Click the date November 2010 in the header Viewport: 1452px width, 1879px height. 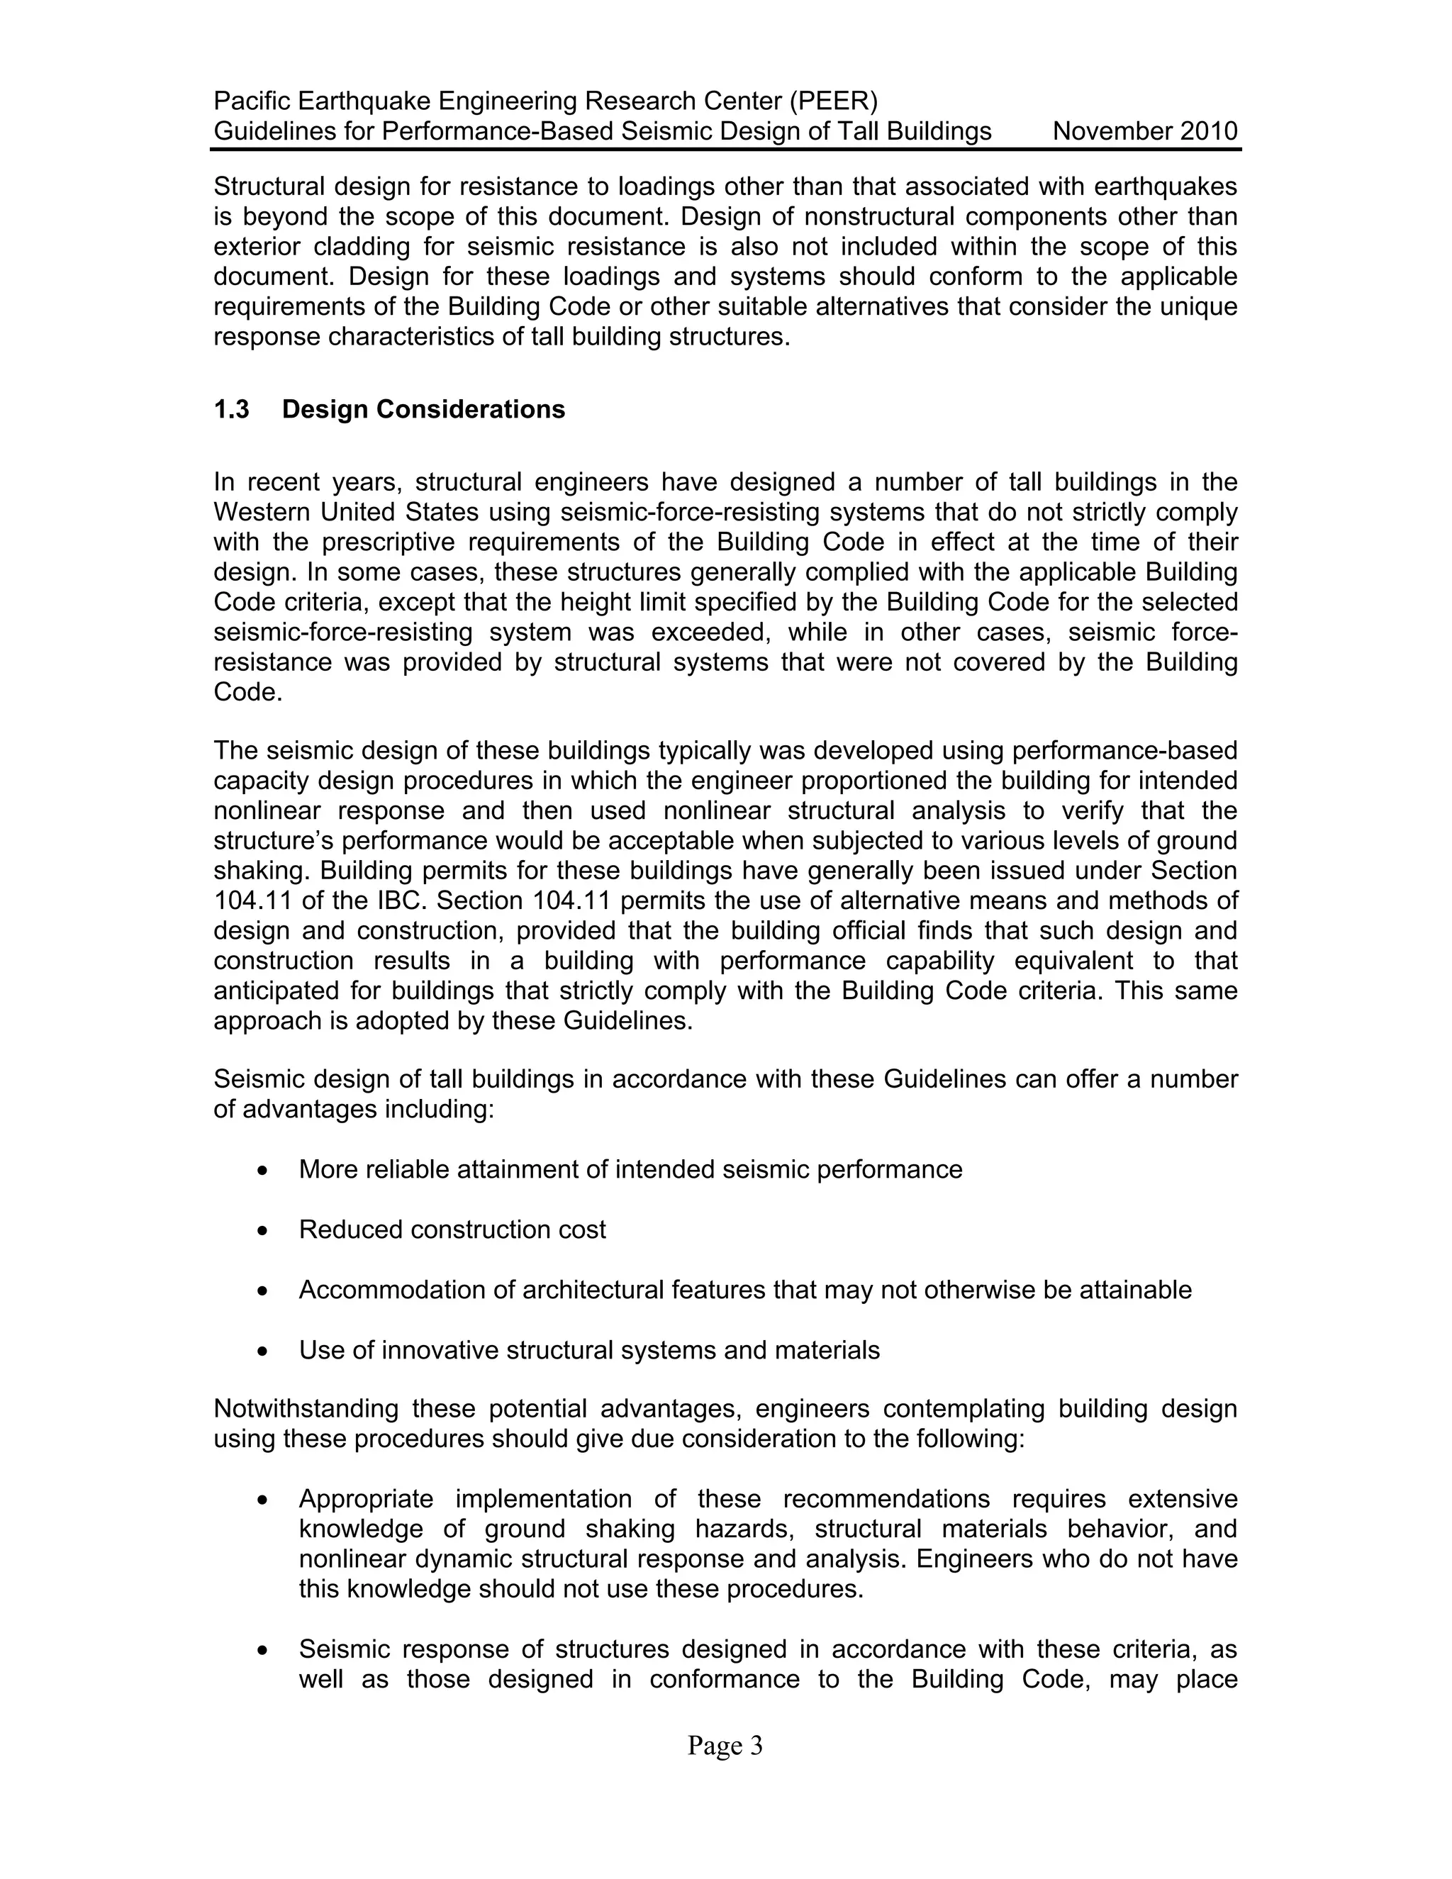point(1144,132)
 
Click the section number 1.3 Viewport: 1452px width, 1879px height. point(231,410)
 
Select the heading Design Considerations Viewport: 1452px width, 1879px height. point(423,410)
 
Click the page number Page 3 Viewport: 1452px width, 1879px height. point(725,1746)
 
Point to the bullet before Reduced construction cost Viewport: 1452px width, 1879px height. point(262,1231)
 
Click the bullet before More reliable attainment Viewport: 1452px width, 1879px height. point(262,1171)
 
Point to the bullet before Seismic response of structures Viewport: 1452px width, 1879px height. point(262,1651)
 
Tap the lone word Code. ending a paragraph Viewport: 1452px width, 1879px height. point(247,692)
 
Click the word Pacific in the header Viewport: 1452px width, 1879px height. point(251,101)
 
